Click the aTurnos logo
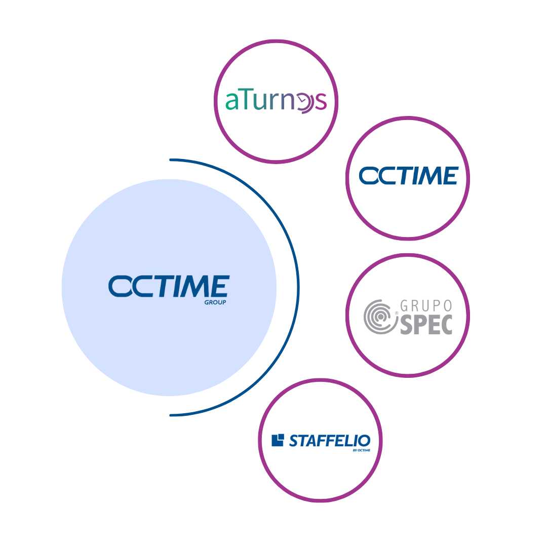276,101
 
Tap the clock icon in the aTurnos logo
302,102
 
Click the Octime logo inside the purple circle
408,176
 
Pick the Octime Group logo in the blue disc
169,287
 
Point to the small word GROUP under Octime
215,302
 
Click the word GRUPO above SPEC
426,305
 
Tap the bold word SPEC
426,324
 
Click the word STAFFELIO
329,440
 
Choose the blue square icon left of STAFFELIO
278,440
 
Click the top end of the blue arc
171,160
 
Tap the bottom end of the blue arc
171,415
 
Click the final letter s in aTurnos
320,102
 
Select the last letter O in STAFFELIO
364,440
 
